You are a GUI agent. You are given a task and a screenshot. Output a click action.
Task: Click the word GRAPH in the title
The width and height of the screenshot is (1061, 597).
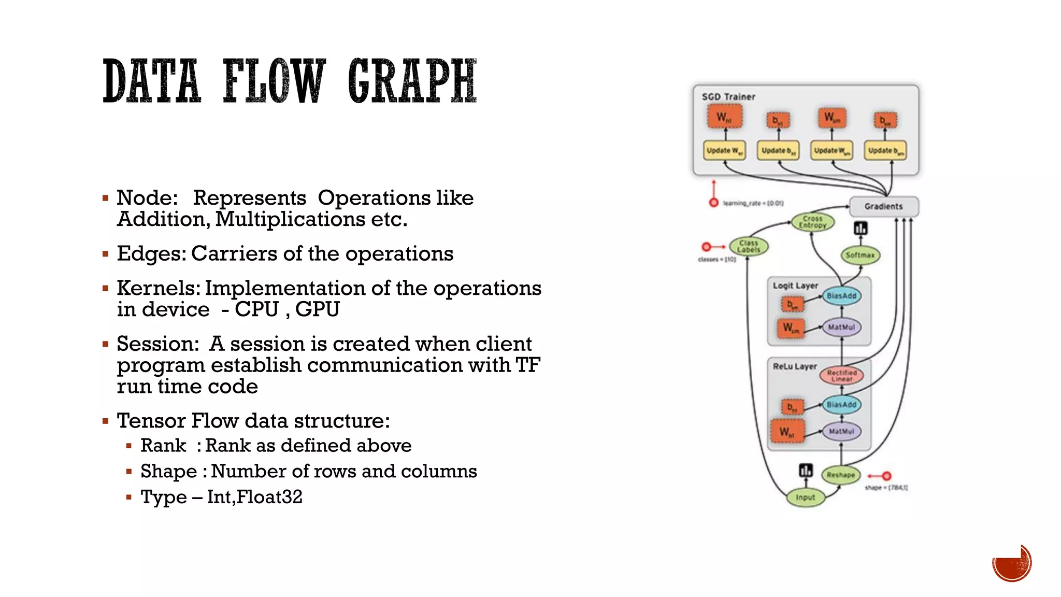[x=412, y=81]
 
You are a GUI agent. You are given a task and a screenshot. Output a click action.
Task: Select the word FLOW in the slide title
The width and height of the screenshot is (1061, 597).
[x=274, y=81]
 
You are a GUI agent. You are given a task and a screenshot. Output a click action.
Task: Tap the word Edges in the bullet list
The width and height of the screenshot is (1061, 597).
[x=151, y=254]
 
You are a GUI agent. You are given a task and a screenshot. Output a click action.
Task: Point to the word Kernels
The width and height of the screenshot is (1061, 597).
[x=158, y=288]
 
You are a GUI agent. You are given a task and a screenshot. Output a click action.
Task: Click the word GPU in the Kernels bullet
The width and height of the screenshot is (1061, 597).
[x=317, y=309]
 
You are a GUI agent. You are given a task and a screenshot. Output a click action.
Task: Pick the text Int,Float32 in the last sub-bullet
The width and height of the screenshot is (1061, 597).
[x=254, y=497]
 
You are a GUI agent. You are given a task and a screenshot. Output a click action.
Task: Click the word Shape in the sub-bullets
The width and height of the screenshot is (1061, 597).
[x=168, y=471]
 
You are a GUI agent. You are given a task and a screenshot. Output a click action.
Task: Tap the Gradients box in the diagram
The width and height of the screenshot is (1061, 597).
[x=884, y=206]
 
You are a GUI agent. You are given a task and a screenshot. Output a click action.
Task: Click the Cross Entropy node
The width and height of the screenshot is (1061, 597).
[x=812, y=222]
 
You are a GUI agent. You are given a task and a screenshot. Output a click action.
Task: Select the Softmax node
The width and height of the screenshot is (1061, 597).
[x=860, y=255]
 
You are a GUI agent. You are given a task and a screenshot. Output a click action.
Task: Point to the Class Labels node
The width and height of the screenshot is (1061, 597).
[x=749, y=246]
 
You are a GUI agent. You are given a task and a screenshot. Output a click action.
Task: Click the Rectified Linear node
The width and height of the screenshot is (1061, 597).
[x=841, y=375]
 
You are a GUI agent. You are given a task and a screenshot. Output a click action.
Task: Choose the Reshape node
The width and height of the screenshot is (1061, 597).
[x=840, y=475]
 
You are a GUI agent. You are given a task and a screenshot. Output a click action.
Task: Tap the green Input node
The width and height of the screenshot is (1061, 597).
[x=805, y=497]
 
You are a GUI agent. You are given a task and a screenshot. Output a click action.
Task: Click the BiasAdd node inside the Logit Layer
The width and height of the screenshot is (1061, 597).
[x=841, y=296]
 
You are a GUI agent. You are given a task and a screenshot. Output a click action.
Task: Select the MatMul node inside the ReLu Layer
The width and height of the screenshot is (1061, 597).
[x=841, y=431]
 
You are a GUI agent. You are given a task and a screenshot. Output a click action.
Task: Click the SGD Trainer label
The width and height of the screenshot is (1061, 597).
[x=728, y=97]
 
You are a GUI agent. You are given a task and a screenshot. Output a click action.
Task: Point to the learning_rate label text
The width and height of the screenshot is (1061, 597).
[x=753, y=203]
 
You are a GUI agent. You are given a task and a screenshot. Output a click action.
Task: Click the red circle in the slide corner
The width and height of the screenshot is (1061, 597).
[x=1012, y=563]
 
